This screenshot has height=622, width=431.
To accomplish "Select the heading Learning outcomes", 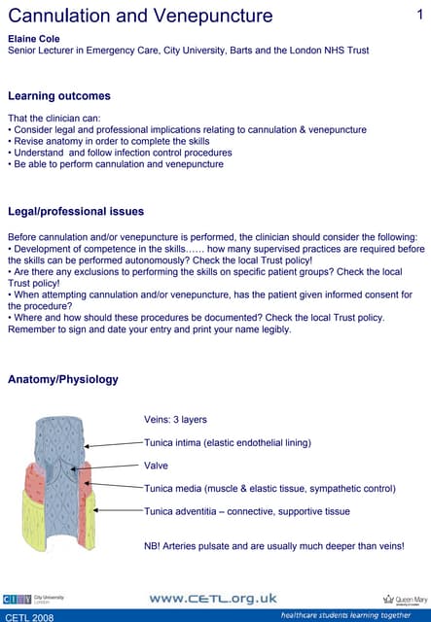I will click(x=58, y=96).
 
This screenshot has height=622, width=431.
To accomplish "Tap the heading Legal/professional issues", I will click(x=76, y=211).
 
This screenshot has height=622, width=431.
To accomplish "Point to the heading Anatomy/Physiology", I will click(x=63, y=379).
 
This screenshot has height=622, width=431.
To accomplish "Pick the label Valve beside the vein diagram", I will click(x=156, y=466).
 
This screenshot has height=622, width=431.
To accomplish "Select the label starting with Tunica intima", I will click(x=228, y=443).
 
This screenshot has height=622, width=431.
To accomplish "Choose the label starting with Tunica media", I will click(x=269, y=488).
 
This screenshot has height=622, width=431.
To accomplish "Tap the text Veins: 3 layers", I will click(x=175, y=420).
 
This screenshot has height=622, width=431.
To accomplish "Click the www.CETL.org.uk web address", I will click(x=213, y=599).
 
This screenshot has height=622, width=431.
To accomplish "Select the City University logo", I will click(x=29, y=600).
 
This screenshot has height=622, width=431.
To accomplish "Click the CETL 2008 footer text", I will click(x=29, y=616).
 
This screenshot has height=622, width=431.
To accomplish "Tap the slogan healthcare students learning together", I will click(x=345, y=616).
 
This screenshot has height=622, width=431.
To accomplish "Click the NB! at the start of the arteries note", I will click(x=155, y=546).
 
